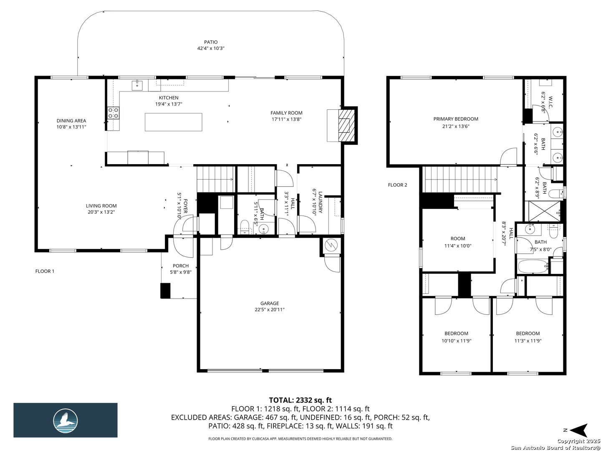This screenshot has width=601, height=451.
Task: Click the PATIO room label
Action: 210,42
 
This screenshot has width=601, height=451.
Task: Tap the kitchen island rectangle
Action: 173,122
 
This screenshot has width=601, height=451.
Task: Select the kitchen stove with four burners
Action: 113,113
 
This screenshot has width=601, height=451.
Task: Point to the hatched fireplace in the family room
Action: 347,125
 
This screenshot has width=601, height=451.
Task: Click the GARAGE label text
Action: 270,304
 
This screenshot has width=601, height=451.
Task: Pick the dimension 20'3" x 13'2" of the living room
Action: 101,212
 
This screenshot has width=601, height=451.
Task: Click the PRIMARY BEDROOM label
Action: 456,119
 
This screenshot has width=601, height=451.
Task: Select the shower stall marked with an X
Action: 544,211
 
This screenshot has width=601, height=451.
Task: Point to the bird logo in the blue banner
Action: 66,421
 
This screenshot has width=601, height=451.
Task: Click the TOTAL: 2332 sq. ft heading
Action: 300,400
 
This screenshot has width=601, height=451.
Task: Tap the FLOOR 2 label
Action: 397,185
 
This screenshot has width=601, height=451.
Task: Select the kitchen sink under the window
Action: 137,85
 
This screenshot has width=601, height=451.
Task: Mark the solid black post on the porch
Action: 165,291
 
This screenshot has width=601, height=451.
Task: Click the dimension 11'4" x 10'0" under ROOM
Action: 457,246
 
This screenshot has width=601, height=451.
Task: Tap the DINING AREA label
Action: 71,121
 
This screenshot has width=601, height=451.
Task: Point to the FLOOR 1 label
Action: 45,271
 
